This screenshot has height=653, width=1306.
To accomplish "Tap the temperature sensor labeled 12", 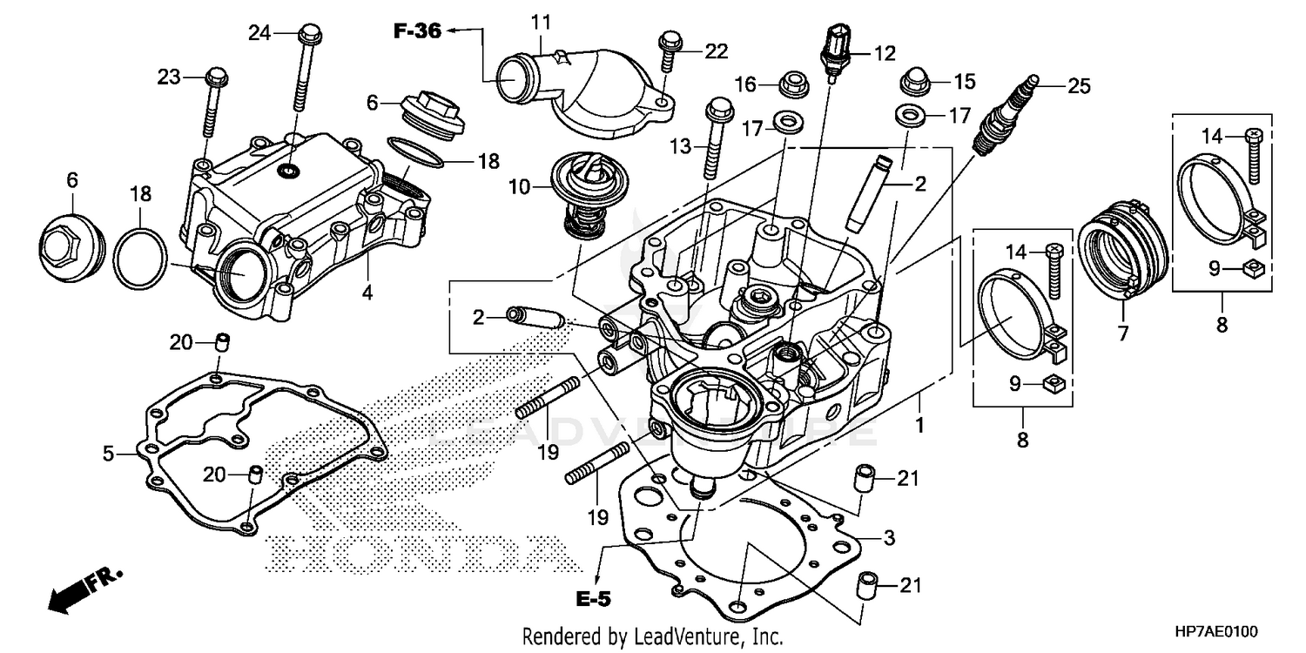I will pos(835,53).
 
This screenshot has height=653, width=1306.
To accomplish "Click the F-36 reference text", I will pos(418,31).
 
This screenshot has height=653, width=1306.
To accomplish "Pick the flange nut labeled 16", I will pos(793,84).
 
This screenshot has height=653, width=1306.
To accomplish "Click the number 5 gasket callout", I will pos(109,453).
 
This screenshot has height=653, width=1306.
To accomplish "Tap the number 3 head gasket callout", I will pos(889,539).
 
